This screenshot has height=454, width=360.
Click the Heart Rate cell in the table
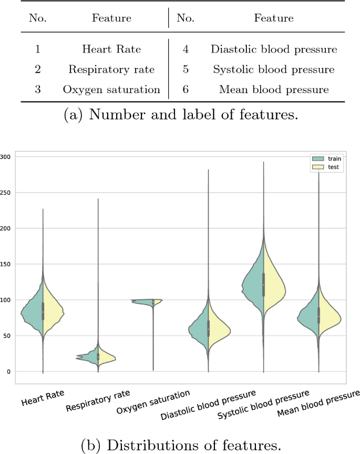tap(111, 50)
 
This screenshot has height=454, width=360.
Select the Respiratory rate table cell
tap(111, 69)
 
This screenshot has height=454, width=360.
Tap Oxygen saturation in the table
tap(111, 89)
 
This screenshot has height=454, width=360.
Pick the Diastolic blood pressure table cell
tap(273, 50)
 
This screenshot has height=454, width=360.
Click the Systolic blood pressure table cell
tap(273, 69)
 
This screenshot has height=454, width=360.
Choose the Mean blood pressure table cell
tap(273, 89)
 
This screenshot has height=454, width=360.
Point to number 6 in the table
tap(186, 89)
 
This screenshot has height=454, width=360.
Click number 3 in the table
tap(38, 89)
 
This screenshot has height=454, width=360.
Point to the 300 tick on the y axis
tap(7, 157)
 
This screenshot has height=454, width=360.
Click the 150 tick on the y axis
tap(7, 264)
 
